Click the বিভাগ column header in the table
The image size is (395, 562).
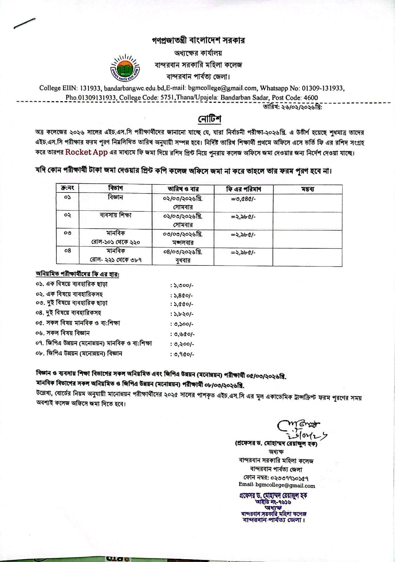(115, 189)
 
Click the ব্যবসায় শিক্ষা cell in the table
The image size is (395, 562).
(115, 215)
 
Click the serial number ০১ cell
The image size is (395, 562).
(68, 198)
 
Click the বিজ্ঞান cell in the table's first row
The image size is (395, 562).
(115, 197)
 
